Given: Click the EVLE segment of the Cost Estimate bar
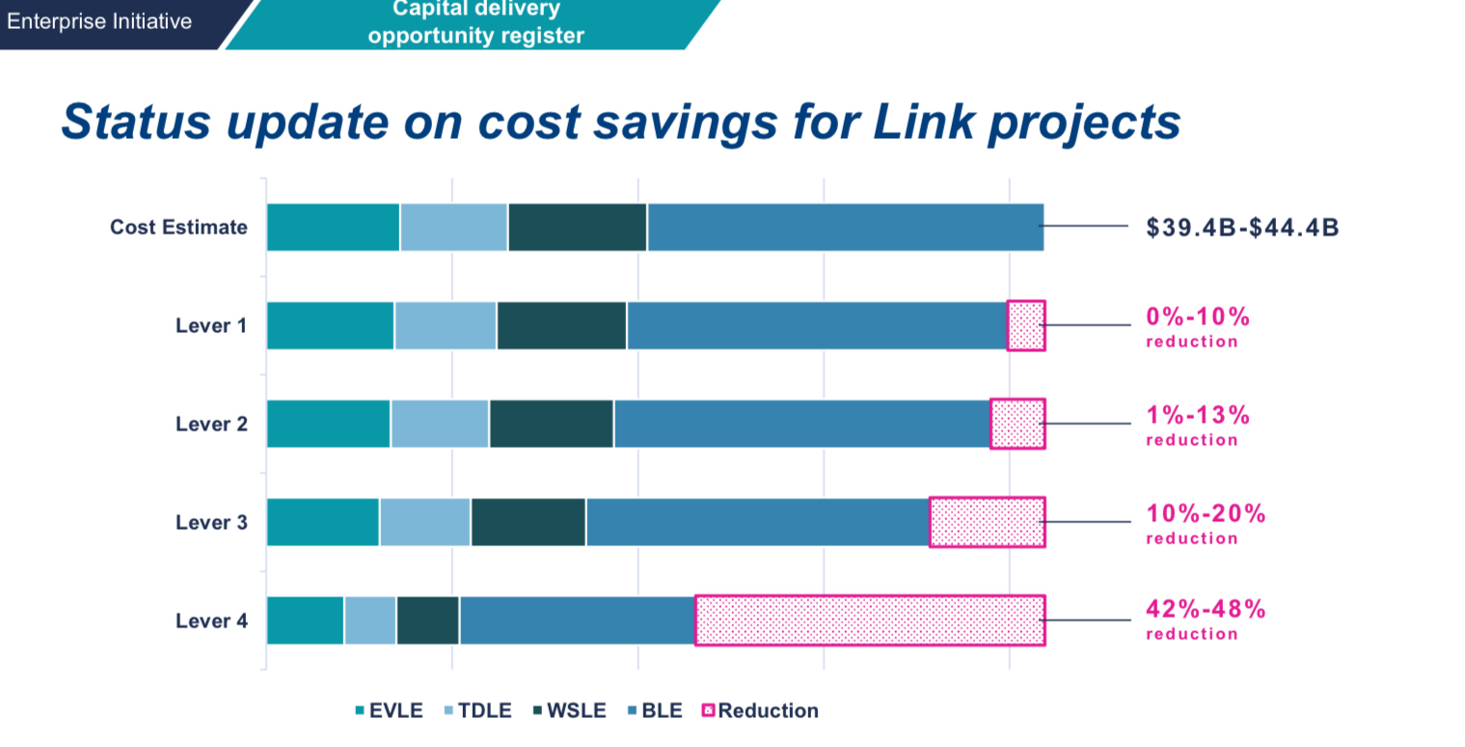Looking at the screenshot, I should [x=333, y=228].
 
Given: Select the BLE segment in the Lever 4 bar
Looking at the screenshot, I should [x=577, y=621].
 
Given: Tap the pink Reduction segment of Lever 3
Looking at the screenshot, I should [x=987, y=522].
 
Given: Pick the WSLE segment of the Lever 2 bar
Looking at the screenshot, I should [x=551, y=424].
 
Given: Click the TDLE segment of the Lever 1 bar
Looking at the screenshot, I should [x=445, y=325].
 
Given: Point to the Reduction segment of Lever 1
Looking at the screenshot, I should [x=1026, y=325].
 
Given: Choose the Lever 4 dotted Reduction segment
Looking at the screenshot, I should [x=869, y=621].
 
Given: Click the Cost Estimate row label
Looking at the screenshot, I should [x=178, y=228].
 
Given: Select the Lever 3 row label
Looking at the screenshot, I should [x=211, y=522].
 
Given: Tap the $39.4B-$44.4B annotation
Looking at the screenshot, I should [x=1242, y=228].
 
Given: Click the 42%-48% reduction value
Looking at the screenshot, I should [x=1206, y=609].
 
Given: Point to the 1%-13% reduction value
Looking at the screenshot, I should [x=1198, y=415].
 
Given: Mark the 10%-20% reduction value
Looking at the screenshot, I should [x=1206, y=513].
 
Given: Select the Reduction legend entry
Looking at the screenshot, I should [x=760, y=711].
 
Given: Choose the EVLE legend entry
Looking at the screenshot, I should [x=389, y=711].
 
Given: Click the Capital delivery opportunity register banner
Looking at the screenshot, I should [x=475, y=23].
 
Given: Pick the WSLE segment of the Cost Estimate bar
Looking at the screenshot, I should [x=577, y=228].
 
